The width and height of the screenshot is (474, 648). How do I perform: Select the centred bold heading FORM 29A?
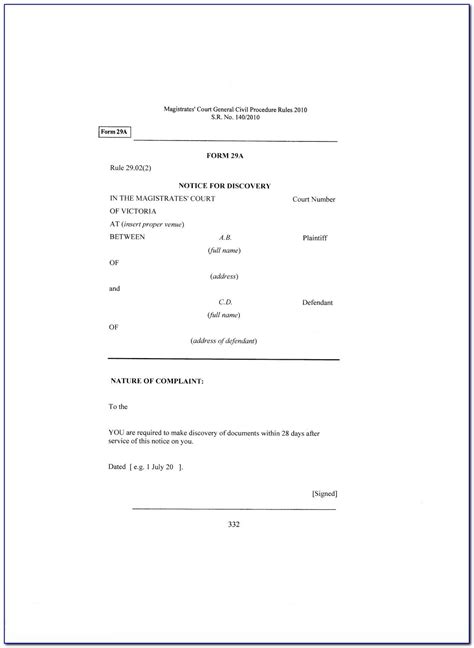point(223,154)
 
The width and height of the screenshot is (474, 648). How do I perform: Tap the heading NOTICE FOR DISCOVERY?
point(223,186)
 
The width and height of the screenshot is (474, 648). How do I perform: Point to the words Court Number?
point(313,200)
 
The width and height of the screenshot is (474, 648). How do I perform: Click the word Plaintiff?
point(315,239)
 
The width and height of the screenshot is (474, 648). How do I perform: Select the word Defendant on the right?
point(316,301)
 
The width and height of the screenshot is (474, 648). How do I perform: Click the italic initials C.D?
point(224,301)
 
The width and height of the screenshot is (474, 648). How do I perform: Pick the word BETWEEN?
point(128,239)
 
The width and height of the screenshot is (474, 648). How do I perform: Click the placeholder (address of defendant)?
point(223,341)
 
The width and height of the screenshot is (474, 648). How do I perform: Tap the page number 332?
point(233,524)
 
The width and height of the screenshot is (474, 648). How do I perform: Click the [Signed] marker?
point(324,492)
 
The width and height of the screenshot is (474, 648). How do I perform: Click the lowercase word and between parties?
point(114,288)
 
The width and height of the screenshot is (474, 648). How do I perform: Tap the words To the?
point(120,408)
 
